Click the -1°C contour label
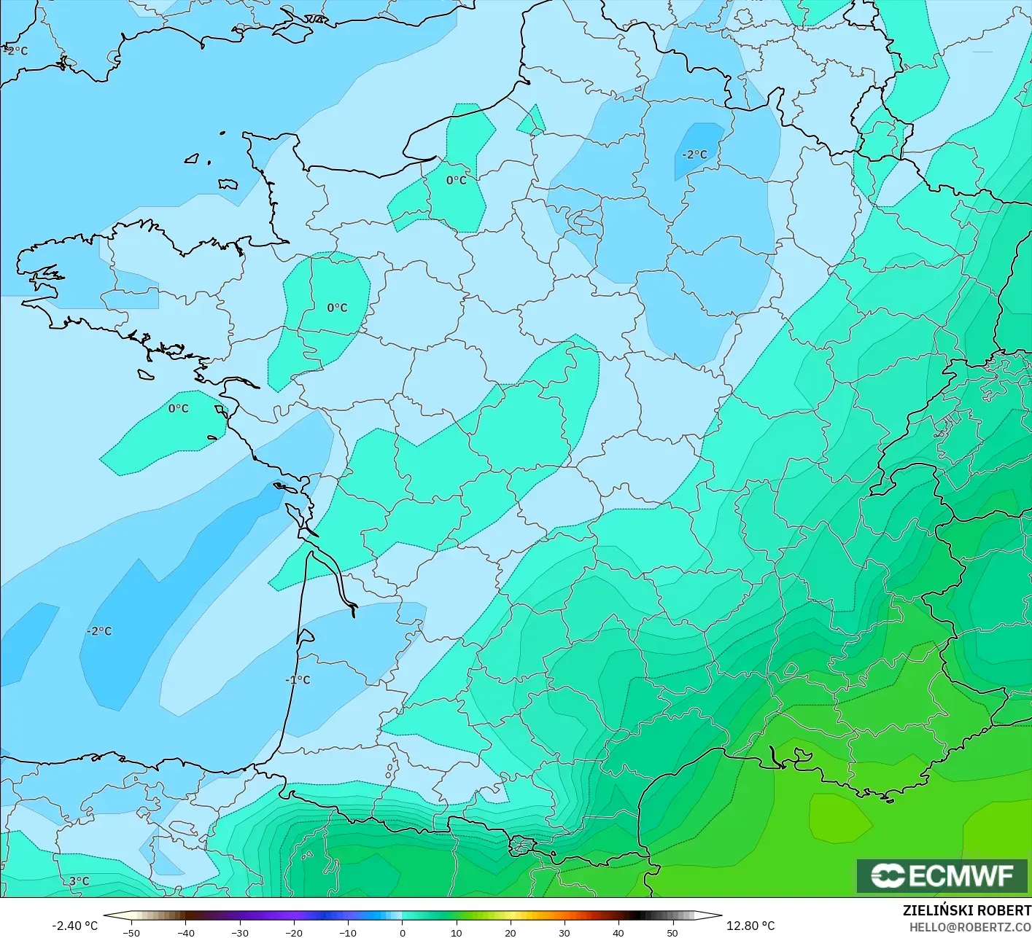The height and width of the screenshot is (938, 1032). coord(298,680)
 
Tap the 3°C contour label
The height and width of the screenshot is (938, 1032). coord(79,881)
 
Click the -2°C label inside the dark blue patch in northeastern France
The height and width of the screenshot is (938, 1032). coord(694,155)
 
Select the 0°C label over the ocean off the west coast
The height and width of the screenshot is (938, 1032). coord(179,409)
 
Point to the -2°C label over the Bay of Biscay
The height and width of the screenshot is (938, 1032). coord(99,631)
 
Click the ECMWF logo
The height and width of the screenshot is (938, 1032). coord(942,875)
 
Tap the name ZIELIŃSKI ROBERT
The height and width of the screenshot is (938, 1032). coord(966,910)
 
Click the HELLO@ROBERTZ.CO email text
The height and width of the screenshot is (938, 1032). coord(970,926)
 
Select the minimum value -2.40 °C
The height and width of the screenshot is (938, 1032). coord(74,926)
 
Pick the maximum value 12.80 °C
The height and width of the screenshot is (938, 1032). coord(750,926)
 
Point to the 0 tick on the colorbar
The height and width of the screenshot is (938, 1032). coord(403,932)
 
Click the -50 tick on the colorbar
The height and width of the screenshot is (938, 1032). coord(131,932)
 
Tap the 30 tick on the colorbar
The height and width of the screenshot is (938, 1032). coord(565,932)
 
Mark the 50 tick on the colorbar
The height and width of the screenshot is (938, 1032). coord(672,932)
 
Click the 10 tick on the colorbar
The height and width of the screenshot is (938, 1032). coord(457,932)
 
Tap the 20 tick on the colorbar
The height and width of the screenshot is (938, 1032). coord(511,932)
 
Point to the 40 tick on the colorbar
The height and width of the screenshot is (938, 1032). coord(618,932)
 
